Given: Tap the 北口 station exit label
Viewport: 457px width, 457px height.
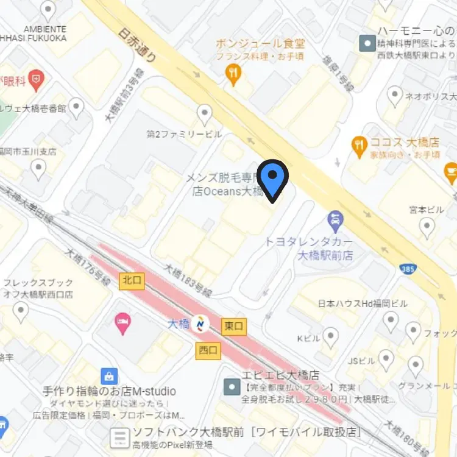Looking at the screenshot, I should pyautogui.click(x=132, y=281).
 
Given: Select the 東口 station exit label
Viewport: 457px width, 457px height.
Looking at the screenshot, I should pyautogui.click(x=234, y=326).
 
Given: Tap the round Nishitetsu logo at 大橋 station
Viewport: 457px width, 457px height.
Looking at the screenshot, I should pyautogui.click(x=200, y=324).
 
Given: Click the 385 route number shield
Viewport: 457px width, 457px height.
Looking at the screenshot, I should pyautogui.click(x=407, y=268).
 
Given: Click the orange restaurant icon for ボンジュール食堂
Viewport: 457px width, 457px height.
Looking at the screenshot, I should pyautogui.click(x=233, y=75).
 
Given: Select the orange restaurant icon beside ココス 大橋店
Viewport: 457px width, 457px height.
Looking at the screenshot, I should pyautogui.click(x=360, y=145).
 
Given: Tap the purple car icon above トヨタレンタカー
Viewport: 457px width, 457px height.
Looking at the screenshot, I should pyautogui.click(x=335, y=218).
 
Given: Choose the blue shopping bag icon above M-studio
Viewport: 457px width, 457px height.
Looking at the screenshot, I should pyautogui.click(x=109, y=375).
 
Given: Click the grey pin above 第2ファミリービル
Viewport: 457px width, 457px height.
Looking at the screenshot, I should pyautogui.click(x=205, y=114).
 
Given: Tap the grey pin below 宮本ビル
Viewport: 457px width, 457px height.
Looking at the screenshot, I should pyautogui.click(x=427, y=227).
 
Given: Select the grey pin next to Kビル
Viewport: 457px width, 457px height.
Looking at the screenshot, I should pyautogui.click(x=330, y=336).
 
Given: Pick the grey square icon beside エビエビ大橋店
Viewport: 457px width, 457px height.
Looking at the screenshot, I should pyautogui.click(x=232, y=386).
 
